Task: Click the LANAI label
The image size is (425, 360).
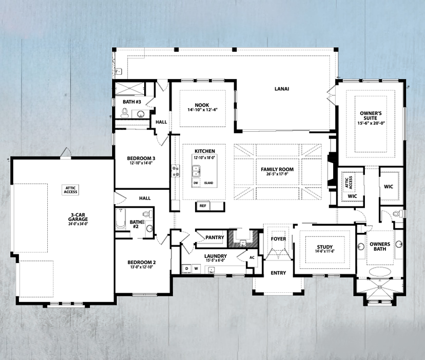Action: (x=281, y=89)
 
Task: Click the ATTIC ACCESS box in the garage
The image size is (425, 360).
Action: (x=70, y=190)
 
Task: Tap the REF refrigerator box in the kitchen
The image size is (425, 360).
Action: (x=203, y=206)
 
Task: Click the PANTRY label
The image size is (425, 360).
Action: (x=214, y=237)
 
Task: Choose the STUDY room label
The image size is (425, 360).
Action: (x=324, y=247)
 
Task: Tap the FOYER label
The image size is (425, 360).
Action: (x=278, y=238)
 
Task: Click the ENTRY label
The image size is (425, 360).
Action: (x=278, y=273)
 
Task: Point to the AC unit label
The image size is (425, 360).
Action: (x=252, y=257)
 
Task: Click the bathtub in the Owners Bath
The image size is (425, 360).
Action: (x=380, y=272)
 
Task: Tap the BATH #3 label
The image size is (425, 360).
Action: (x=132, y=102)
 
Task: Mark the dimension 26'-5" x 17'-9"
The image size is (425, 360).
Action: (x=277, y=174)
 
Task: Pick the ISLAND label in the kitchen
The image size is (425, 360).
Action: (x=208, y=183)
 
